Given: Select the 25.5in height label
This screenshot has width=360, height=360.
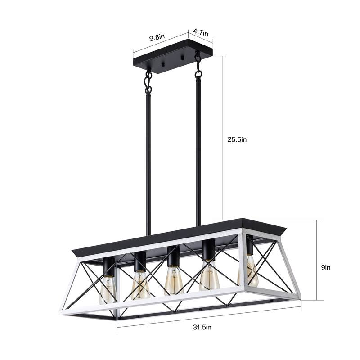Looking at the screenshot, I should (x=237, y=139).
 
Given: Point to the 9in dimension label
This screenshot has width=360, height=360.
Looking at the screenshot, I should (x=326, y=267).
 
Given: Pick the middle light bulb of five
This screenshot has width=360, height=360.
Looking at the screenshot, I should (x=173, y=280).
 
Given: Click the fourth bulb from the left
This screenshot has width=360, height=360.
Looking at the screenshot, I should (x=209, y=276).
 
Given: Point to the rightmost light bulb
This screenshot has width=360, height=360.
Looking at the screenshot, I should (x=249, y=272).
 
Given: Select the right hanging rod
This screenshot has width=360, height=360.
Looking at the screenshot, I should (x=198, y=148).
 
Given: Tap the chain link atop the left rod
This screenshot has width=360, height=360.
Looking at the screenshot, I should (x=148, y=81).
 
